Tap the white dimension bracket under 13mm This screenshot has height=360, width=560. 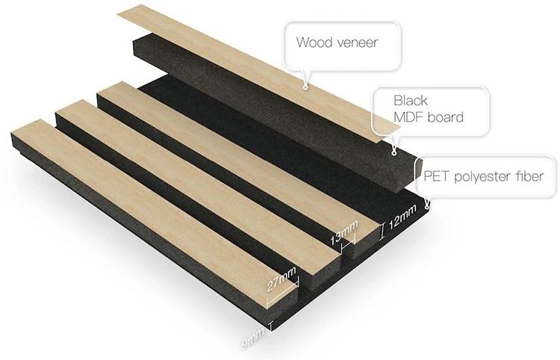click(343, 240)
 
